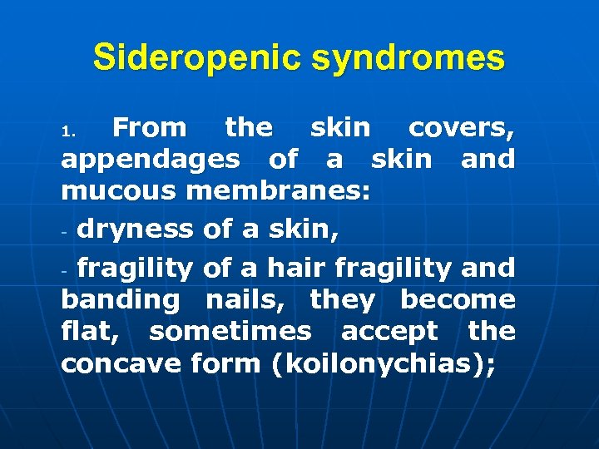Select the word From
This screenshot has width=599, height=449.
click(x=150, y=128)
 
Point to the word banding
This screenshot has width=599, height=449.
click(x=120, y=300)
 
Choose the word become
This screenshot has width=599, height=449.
click(x=458, y=299)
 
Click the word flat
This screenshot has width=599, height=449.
click(x=92, y=332)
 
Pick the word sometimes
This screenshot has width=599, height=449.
click(x=230, y=332)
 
